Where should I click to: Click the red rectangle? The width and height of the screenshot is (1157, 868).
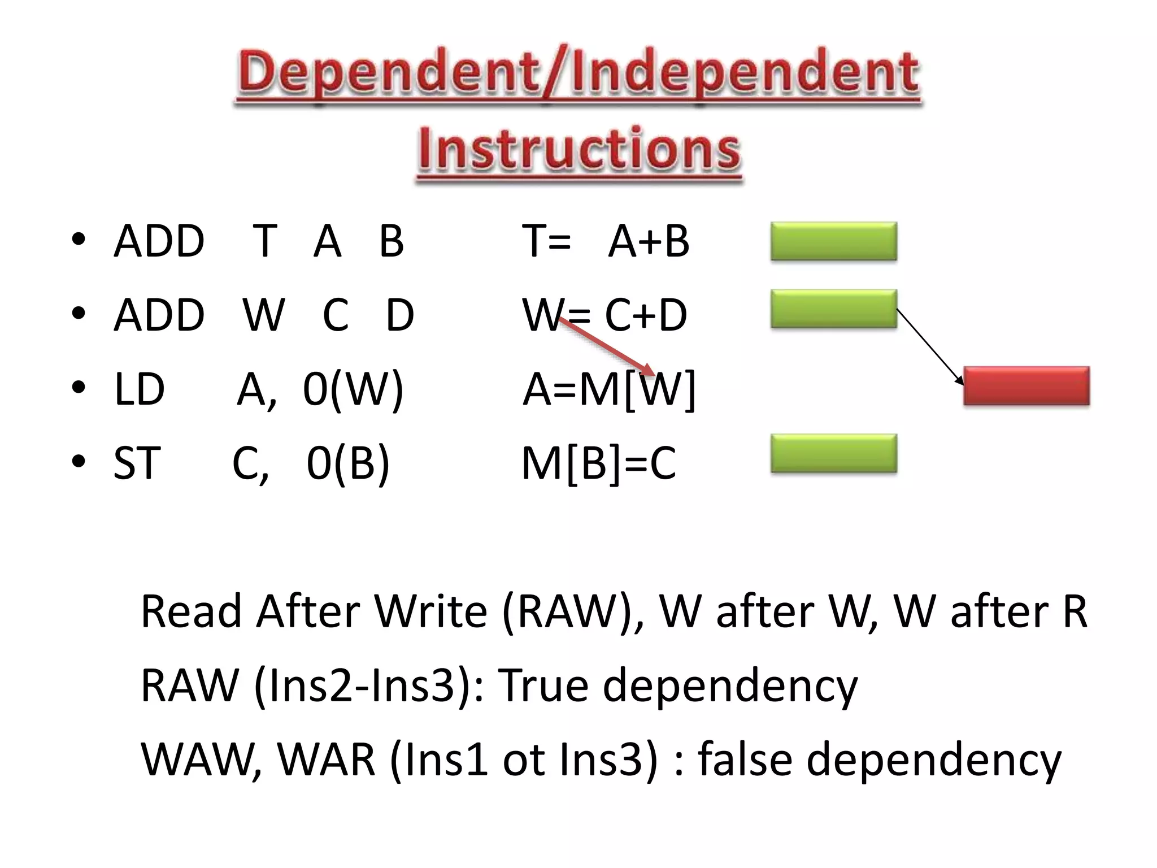(1026, 386)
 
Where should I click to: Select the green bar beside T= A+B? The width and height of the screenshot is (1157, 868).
(834, 241)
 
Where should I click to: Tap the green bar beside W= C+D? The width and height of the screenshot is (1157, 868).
(834, 309)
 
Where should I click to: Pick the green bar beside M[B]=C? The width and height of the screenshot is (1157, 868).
(834, 453)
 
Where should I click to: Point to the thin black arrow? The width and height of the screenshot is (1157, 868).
(930, 346)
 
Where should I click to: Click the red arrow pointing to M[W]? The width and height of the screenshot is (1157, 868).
(607, 347)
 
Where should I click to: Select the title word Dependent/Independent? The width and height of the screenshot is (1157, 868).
(579, 73)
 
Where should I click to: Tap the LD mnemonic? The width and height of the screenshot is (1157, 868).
(139, 389)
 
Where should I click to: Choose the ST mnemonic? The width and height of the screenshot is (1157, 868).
(137, 463)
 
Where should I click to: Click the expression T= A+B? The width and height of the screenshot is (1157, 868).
(606, 241)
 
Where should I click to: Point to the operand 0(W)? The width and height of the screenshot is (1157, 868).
(353, 389)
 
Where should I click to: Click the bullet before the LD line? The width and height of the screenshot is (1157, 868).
(79, 388)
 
